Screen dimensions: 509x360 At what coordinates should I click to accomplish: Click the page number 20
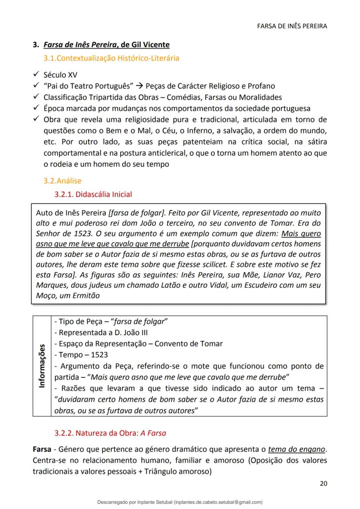coord(323,483)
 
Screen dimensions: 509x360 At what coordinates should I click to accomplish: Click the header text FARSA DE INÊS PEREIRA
coord(292,26)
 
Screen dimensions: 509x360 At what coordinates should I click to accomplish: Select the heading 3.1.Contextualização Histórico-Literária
coord(111,58)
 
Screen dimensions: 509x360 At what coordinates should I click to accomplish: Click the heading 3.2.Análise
coord(62,180)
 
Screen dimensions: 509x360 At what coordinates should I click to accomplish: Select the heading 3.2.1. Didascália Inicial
coord(93,194)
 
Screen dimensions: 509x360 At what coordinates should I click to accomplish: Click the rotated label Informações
coord(42,366)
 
